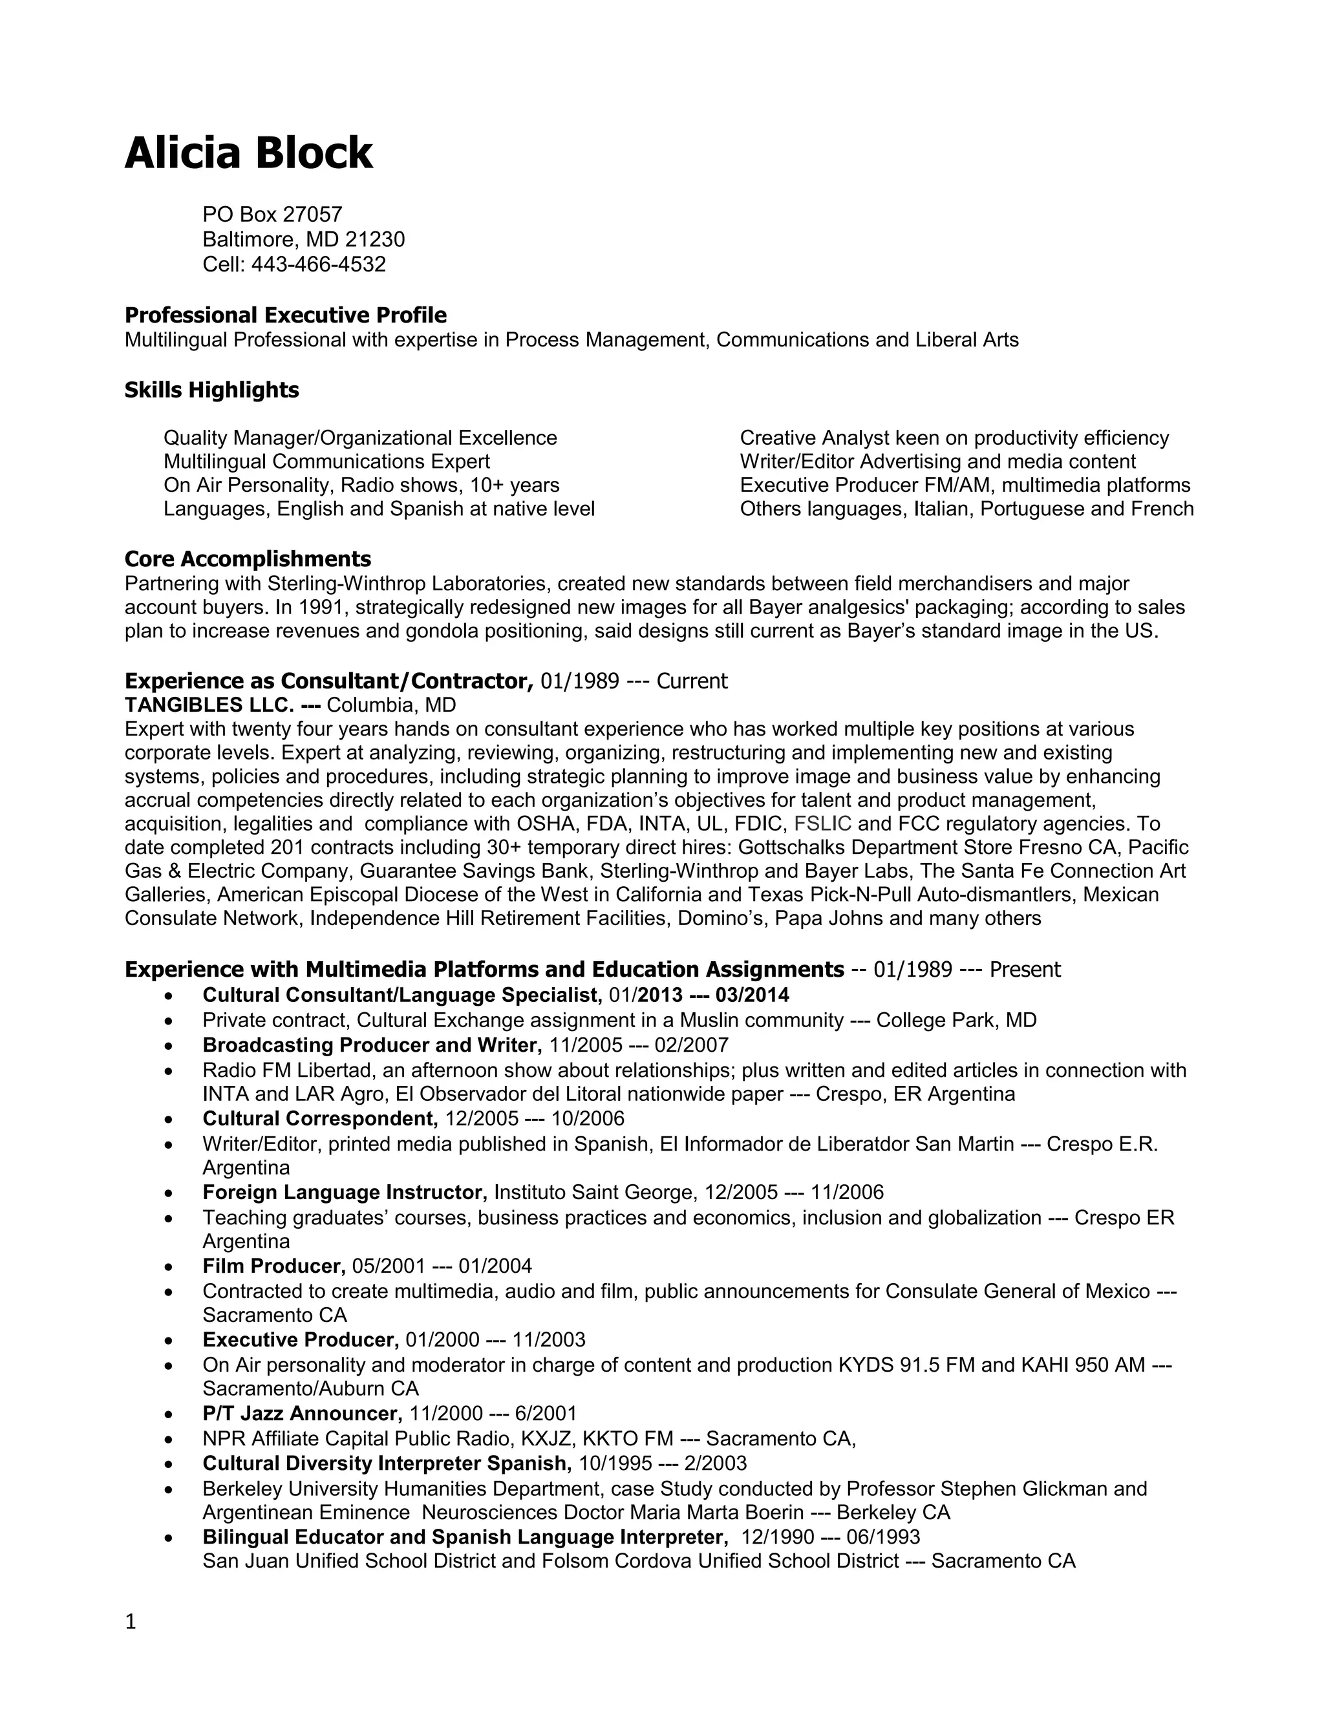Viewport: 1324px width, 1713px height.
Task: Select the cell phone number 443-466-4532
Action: (319, 264)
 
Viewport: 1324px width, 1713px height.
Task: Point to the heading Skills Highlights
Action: (212, 390)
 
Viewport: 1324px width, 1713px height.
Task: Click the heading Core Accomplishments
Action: (248, 559)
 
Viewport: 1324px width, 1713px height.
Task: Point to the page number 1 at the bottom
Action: (130, 1621)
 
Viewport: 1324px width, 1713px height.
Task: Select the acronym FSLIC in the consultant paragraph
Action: (823, 824)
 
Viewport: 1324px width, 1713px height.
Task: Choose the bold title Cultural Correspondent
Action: (320, 1118)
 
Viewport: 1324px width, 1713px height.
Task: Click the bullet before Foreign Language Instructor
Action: (169, 1194)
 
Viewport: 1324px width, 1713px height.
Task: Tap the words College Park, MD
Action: (956, 1021)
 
